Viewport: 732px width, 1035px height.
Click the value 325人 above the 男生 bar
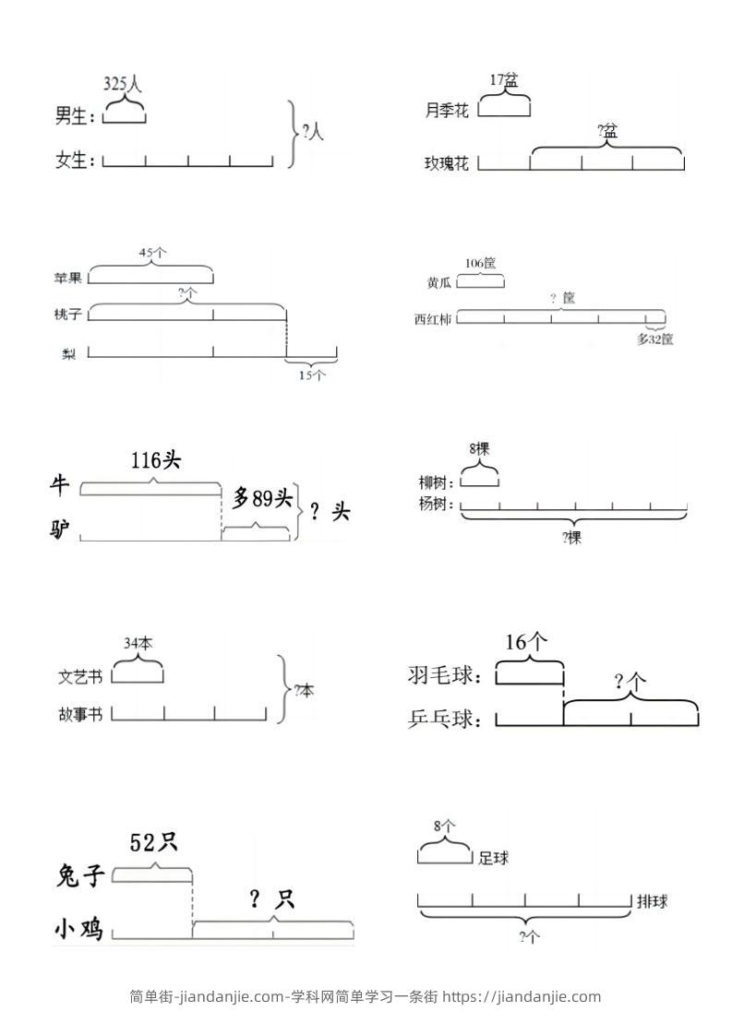(123, 84)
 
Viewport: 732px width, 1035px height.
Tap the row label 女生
(75, 161)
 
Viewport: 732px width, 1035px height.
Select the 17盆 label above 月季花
(504, 80)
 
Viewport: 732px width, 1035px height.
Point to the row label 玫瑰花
(447, 163)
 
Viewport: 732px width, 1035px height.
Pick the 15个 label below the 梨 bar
(312, 375)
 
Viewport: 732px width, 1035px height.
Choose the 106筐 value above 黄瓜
(481, 263)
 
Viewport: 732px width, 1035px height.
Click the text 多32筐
(654, 339)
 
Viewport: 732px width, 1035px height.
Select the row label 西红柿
(434, 320)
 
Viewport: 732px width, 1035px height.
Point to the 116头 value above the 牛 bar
(155, 460)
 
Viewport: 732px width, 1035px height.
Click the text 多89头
(262, 499)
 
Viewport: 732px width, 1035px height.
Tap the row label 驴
(62, 529)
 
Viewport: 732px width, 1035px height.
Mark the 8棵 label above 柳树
(479, 449)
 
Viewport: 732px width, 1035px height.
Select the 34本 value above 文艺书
(138, 643)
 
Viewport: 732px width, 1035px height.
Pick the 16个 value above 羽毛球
(527, 642)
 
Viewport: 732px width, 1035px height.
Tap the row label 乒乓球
(445, 719)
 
